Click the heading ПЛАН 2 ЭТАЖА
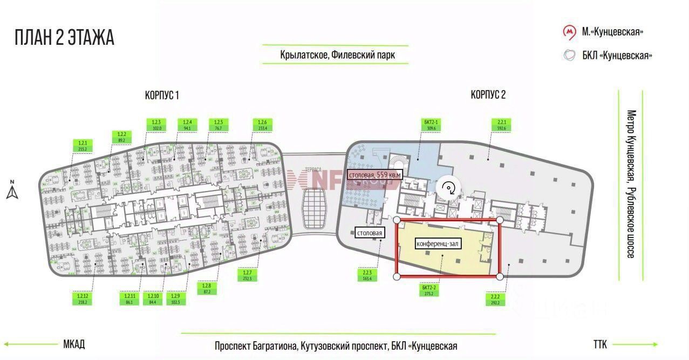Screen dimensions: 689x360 (64, 38)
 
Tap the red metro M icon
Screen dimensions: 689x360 (569, 32)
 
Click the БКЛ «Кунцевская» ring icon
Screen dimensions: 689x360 (569, 56)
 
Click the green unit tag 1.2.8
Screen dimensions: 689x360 (206, 288)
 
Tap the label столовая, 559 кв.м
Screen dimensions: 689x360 (374, 175)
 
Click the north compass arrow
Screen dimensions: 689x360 (12, 191)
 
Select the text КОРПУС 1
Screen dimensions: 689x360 (162, 96)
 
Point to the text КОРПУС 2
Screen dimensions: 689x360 (488, 96)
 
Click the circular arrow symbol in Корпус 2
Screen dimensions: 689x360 (449, 188)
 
